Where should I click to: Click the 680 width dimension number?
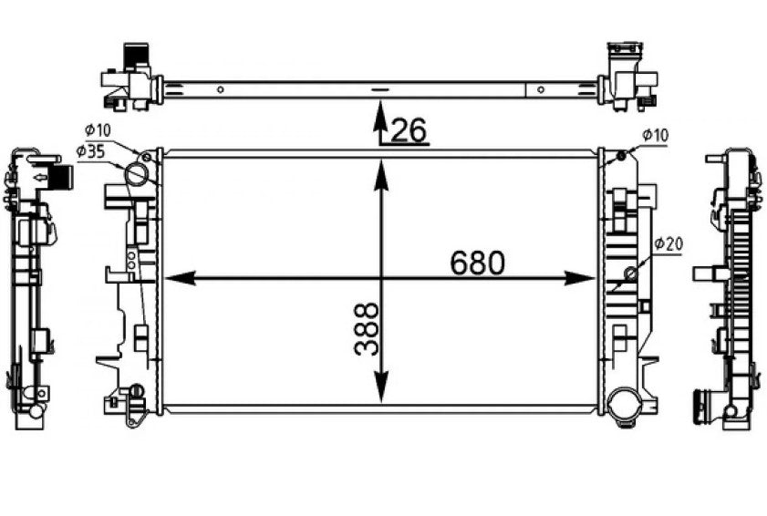pyautogui.click(x=477, y=263)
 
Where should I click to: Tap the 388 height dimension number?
pyautogui.click(x=366, y=329)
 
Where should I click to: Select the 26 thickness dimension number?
pyautogui.click(x=409, y=130)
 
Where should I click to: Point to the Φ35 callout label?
pyautogui.click(x=90, y=151)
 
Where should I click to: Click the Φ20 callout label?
pyautogui.click(x=669, y=243)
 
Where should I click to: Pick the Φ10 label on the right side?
pyautogui.click(x=655, y=136)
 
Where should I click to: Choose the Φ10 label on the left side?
pyautogui.click(x=98, y=130)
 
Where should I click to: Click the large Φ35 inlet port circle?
pyautogui.click(x=138, y=174)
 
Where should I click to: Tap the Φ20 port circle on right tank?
pyautogui.click(x=631, y=273)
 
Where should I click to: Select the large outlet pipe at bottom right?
pyautogui.click(x=624, y=406)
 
